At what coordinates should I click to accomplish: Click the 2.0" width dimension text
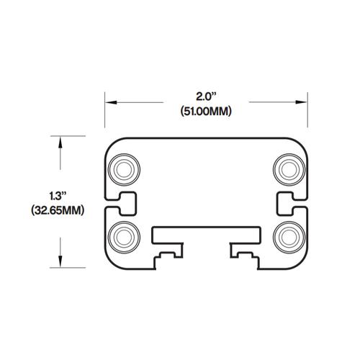point(207,96)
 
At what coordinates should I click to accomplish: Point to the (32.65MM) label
point(58,211)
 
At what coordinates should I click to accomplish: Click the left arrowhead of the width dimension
point(110,102)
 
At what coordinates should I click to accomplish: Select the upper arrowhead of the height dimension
point(61,141)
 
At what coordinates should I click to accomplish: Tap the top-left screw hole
point(124,170)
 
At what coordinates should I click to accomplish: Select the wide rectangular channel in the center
point(207,235)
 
